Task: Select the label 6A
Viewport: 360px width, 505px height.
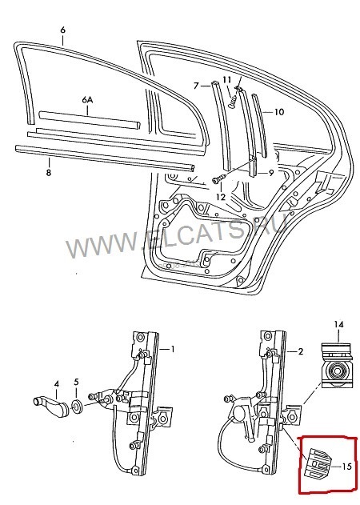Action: pos(87,99)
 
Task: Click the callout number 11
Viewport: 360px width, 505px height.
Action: pos(227,79)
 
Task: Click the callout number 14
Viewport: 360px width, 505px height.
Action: pos(338,323)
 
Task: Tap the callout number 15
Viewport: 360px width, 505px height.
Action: pos(346,466)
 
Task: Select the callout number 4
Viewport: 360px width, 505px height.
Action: pos(56,383)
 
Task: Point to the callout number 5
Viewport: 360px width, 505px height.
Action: pos(77,383)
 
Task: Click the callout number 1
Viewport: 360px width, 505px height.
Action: pos(170,350)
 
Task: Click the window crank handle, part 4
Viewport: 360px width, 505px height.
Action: pos(51,406)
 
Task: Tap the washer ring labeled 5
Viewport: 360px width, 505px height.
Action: pos(78,408)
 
